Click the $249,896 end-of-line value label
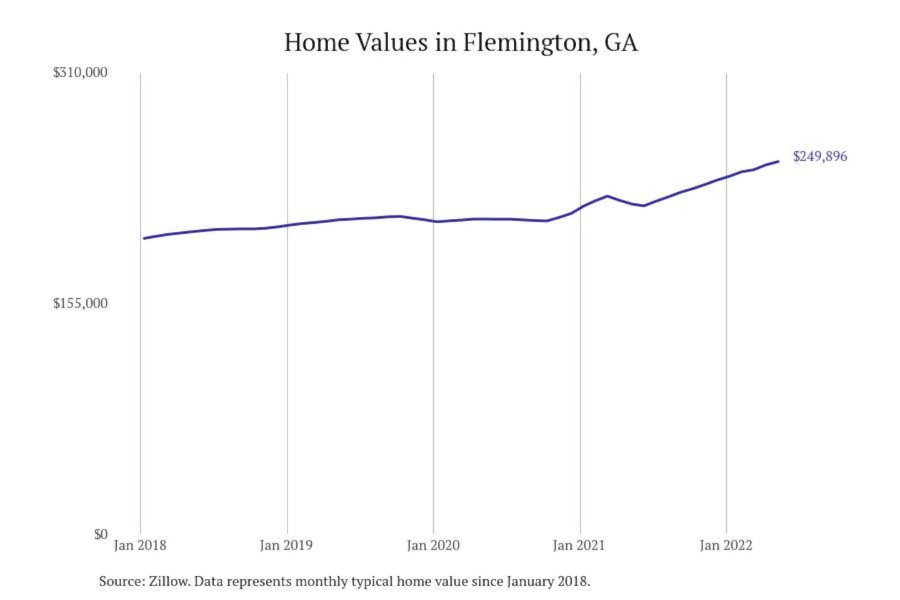(820, 156)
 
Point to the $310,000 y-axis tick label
(80, 72)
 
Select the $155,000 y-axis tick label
(80, 304)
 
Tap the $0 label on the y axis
(101, 534)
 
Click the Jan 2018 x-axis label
(140, 546)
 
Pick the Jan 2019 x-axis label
(286, 546)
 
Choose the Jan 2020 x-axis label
(433, 546)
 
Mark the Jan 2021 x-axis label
(579, 546)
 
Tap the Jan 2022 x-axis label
(726, 546)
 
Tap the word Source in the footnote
(121, 581)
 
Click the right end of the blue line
(778, 161)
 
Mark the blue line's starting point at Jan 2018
(144, 238)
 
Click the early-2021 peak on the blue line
(607, 196)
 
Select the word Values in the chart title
(392, 42)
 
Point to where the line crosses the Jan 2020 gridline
(434, 221)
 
